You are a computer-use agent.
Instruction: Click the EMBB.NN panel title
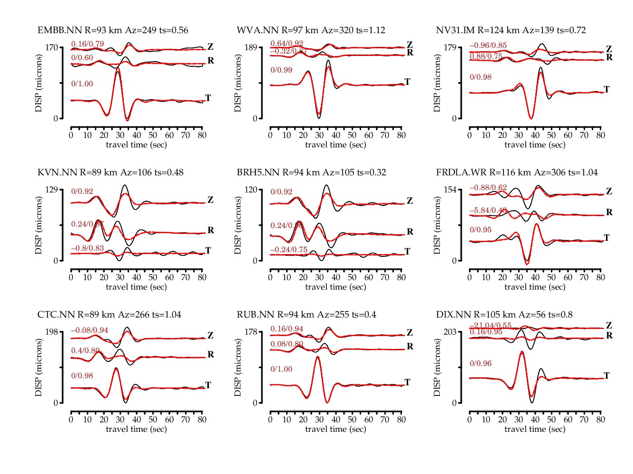(112, 30)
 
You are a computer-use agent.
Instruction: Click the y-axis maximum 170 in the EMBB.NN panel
(52, 47)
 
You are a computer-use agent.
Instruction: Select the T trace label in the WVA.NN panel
(407, 82)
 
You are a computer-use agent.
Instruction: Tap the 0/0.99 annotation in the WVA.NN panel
(281, 70)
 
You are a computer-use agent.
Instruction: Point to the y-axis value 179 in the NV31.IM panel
(450, 47)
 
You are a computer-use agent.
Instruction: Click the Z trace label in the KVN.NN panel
(210, 200)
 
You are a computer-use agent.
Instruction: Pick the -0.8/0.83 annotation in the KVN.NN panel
(87, 248)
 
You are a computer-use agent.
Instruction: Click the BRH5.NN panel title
(311, 173)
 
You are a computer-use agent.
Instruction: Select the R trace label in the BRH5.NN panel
(410, 231)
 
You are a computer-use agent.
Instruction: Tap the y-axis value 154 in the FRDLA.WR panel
(450, 190)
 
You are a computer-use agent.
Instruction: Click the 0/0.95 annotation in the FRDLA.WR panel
(481, 230)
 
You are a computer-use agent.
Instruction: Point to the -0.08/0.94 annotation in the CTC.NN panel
(89, 330)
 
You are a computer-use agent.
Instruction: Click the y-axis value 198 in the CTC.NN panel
(52, 332)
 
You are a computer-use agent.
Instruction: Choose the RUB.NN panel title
(306, 315)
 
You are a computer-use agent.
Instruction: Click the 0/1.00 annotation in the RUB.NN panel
(281, 369)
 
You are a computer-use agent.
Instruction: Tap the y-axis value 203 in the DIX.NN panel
(450, 332)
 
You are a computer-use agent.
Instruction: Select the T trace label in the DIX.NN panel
(606, 375)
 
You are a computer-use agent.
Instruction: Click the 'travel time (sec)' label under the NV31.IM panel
(535, 145)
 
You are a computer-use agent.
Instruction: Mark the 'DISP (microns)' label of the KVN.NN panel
(38, 225)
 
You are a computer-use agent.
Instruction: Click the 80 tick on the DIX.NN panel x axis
(601, 419)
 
